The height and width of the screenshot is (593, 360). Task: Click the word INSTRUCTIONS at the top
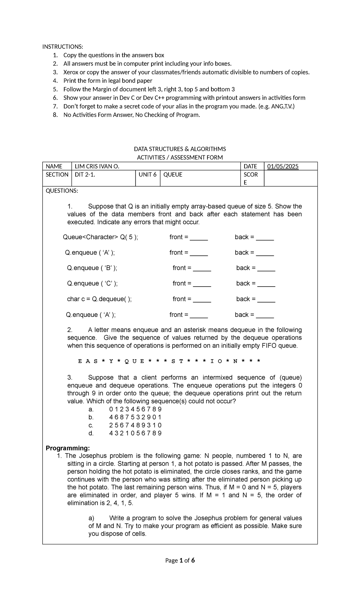pos(62,47)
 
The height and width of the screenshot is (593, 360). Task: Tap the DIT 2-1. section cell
pos(85,175)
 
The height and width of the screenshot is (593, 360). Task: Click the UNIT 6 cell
pos(147,175)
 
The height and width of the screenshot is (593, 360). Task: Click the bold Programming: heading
pos(67,448)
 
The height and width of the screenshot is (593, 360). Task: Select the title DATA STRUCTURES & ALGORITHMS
pos(180,149)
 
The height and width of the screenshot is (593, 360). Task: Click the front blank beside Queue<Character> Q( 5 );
pos(199,238)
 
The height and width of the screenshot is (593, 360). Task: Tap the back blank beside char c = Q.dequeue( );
pos(266,300)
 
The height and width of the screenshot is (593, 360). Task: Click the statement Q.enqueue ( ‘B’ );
pos(92,268)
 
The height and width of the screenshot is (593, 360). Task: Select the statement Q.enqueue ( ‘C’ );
pos(92,284)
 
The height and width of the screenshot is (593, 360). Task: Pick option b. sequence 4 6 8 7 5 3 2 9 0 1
pos(135,417)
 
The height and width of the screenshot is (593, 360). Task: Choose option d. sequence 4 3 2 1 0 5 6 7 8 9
pos(135,433)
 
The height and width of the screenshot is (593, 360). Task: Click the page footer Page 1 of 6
pos(180,560)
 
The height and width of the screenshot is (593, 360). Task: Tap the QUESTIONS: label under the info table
pos(61,191)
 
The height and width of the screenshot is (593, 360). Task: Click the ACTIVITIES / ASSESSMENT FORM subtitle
pos(180,158)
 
